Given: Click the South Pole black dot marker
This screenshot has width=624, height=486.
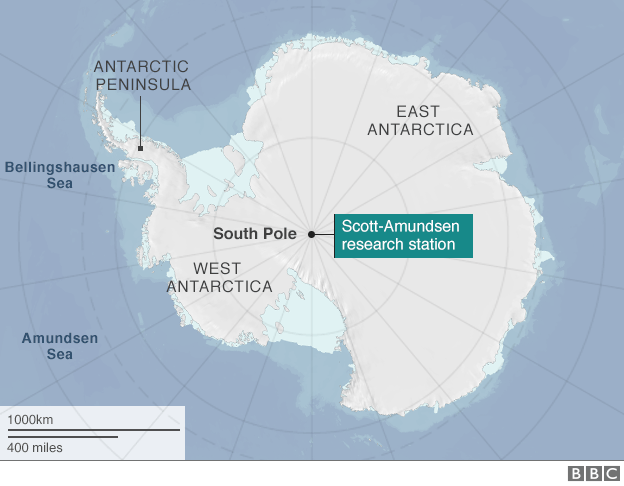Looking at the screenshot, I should [311, 234].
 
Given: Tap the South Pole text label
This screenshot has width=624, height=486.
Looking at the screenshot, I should [255, 234].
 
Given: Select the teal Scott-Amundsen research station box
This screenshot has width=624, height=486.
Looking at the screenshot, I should [402, 235].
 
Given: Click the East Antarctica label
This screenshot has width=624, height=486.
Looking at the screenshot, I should [420, 120].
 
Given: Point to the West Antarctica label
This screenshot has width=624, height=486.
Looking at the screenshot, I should [219, 277].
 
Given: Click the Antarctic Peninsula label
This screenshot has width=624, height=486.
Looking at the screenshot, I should [142, 75].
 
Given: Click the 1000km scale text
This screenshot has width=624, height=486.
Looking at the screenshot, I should [31, 418].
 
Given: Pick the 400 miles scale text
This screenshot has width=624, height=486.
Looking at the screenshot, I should [35, 447].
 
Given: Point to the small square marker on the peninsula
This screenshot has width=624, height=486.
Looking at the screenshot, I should [141, 148].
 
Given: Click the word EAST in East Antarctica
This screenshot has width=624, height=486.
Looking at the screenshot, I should [420, 111].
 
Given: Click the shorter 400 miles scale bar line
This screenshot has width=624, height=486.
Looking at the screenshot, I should [62, 436].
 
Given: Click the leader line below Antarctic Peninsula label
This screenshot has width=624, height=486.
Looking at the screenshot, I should [141, 120].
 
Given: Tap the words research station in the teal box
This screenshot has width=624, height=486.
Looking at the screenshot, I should [398, 244].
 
